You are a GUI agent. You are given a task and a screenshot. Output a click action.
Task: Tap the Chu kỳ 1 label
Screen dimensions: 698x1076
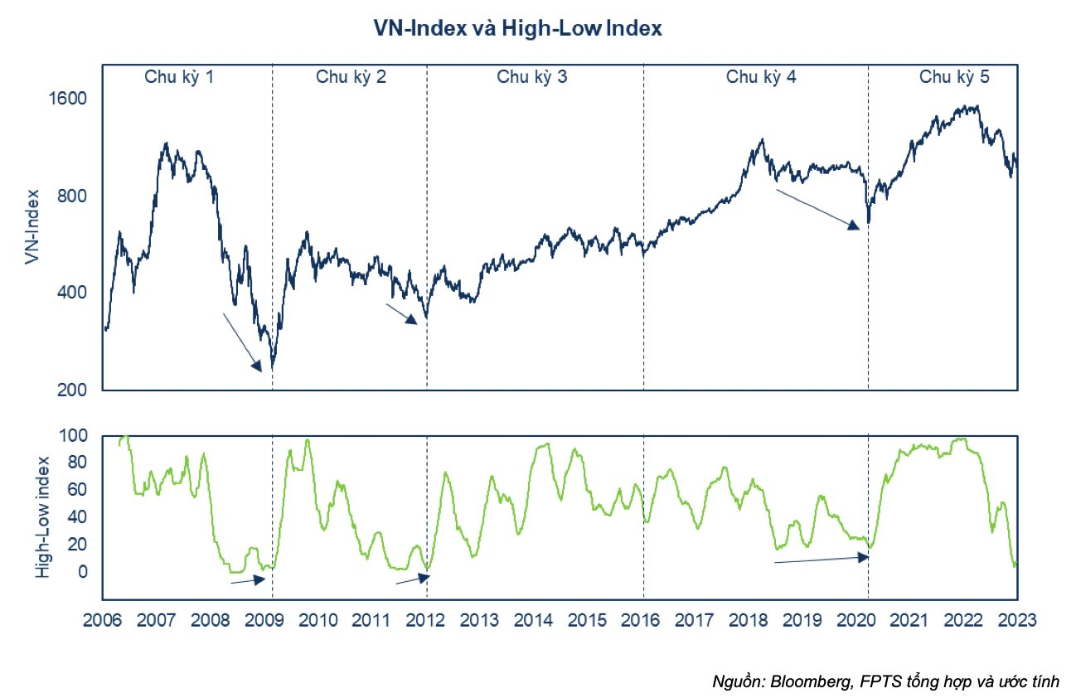(180, 78)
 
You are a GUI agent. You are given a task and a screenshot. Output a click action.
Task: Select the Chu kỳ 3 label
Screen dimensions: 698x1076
(532, 78)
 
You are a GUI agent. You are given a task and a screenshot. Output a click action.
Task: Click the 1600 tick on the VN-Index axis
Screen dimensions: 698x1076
(70, 99)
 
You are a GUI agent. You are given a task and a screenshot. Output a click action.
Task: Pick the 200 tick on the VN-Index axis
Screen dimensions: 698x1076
(75, 390)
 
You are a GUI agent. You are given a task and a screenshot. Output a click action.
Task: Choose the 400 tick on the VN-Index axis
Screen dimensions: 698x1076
(75, 293)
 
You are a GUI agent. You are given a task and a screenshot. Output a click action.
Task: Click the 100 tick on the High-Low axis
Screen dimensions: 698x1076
(75, 435)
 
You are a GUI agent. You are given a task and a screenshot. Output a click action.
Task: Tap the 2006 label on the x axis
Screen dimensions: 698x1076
(102, 620)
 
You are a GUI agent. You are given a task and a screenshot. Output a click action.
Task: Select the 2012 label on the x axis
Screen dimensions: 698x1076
(426, 620)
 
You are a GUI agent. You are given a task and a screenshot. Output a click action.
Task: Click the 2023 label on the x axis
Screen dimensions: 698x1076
(1017, 620)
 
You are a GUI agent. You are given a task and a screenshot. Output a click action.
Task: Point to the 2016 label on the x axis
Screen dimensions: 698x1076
(642, 620)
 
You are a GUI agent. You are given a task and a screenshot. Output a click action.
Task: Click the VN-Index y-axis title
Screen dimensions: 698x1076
(32, 225)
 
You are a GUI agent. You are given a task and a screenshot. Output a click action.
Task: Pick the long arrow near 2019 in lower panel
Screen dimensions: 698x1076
(821, 560)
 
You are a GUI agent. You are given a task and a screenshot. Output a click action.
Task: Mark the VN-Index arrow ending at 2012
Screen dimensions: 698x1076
(402, 313)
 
